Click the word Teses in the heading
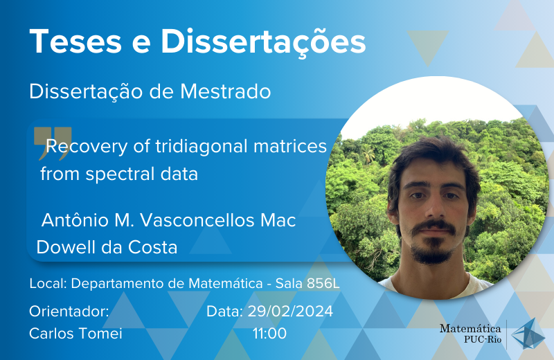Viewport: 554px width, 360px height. coord(76,42)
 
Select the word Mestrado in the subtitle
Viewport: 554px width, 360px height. coord(226,91)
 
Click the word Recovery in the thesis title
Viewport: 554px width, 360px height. coord(87,147)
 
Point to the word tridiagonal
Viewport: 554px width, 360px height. coord(202,147)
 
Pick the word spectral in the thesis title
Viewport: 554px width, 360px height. coord(120,174)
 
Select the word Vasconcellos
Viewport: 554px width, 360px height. coord(197,220)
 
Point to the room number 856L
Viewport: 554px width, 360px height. coord(323,283)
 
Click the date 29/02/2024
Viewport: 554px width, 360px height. coord(290,312)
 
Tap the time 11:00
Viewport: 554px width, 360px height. coord(269,334)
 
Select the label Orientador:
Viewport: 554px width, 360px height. coord(69,312)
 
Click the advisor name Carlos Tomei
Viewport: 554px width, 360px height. coord(75,334)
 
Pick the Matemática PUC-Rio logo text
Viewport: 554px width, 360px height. coord(470,334)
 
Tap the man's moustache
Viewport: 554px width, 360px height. coord(434,227)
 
